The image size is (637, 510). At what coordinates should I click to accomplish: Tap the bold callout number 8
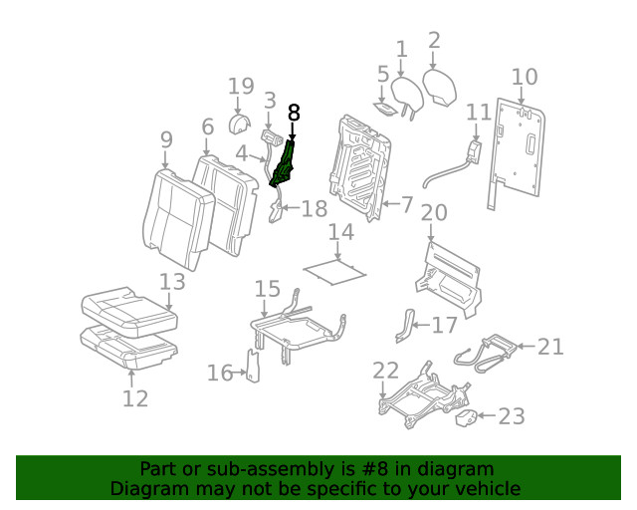[x=293, y=113]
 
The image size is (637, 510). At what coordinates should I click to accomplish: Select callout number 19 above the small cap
[x=241, y=88]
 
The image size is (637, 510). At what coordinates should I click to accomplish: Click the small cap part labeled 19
[x=240, y=124]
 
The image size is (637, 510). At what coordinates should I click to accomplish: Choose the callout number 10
[x=525, y=77]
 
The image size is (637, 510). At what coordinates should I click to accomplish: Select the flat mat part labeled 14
[x=332, y=267]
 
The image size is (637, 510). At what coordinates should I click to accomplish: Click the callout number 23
[x=511, y=416]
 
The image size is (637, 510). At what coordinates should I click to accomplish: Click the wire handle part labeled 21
[x=485, y=352]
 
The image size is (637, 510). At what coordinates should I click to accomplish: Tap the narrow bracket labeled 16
[x=253, y=366]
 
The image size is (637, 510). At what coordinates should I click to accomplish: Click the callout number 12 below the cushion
[x=135, y=398]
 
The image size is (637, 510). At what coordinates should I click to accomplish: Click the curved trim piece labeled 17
[x=404, y=326]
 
